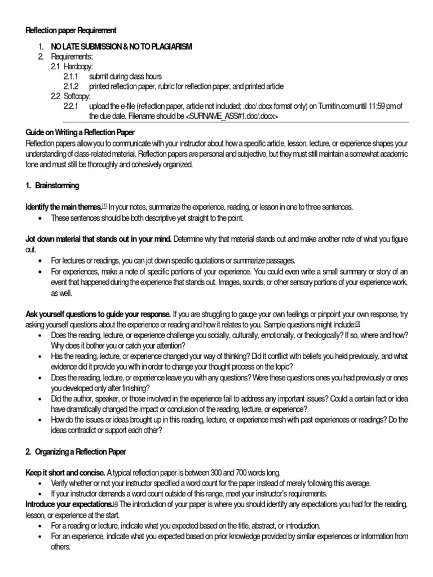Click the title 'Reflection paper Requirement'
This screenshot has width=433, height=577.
point(71,30)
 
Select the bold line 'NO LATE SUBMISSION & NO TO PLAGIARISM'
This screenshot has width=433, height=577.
point(121,47)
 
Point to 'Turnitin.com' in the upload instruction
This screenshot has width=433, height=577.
point(324,106)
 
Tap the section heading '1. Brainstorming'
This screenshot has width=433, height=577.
point(52,185)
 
